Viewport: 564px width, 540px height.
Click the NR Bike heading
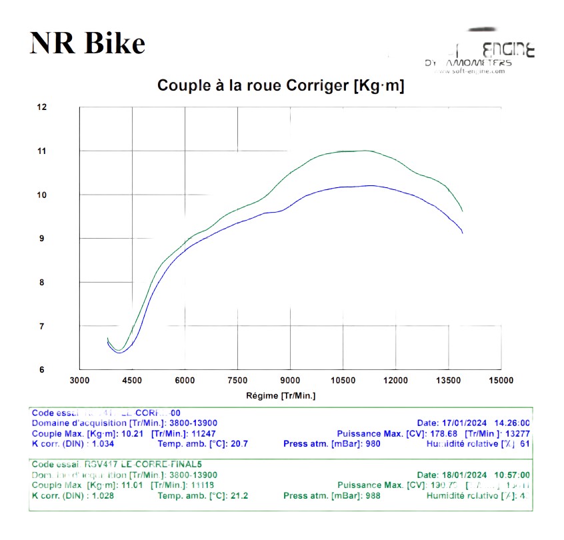[87, 43]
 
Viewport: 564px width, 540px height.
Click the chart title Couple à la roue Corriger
[280, 85]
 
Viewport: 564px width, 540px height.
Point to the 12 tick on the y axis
[43, 107]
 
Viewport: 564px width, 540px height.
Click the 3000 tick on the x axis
[79, 381]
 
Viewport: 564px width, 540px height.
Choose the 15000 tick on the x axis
[501, 381]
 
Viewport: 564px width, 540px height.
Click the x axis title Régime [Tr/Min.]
[280, 396]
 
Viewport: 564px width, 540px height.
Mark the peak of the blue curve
[371, 185]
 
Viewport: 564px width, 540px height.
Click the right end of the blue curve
[462, 233]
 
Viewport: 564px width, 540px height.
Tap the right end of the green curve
[462, 211]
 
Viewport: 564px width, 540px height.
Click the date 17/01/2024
[465, 423]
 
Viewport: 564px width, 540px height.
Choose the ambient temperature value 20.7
[239, 443]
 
